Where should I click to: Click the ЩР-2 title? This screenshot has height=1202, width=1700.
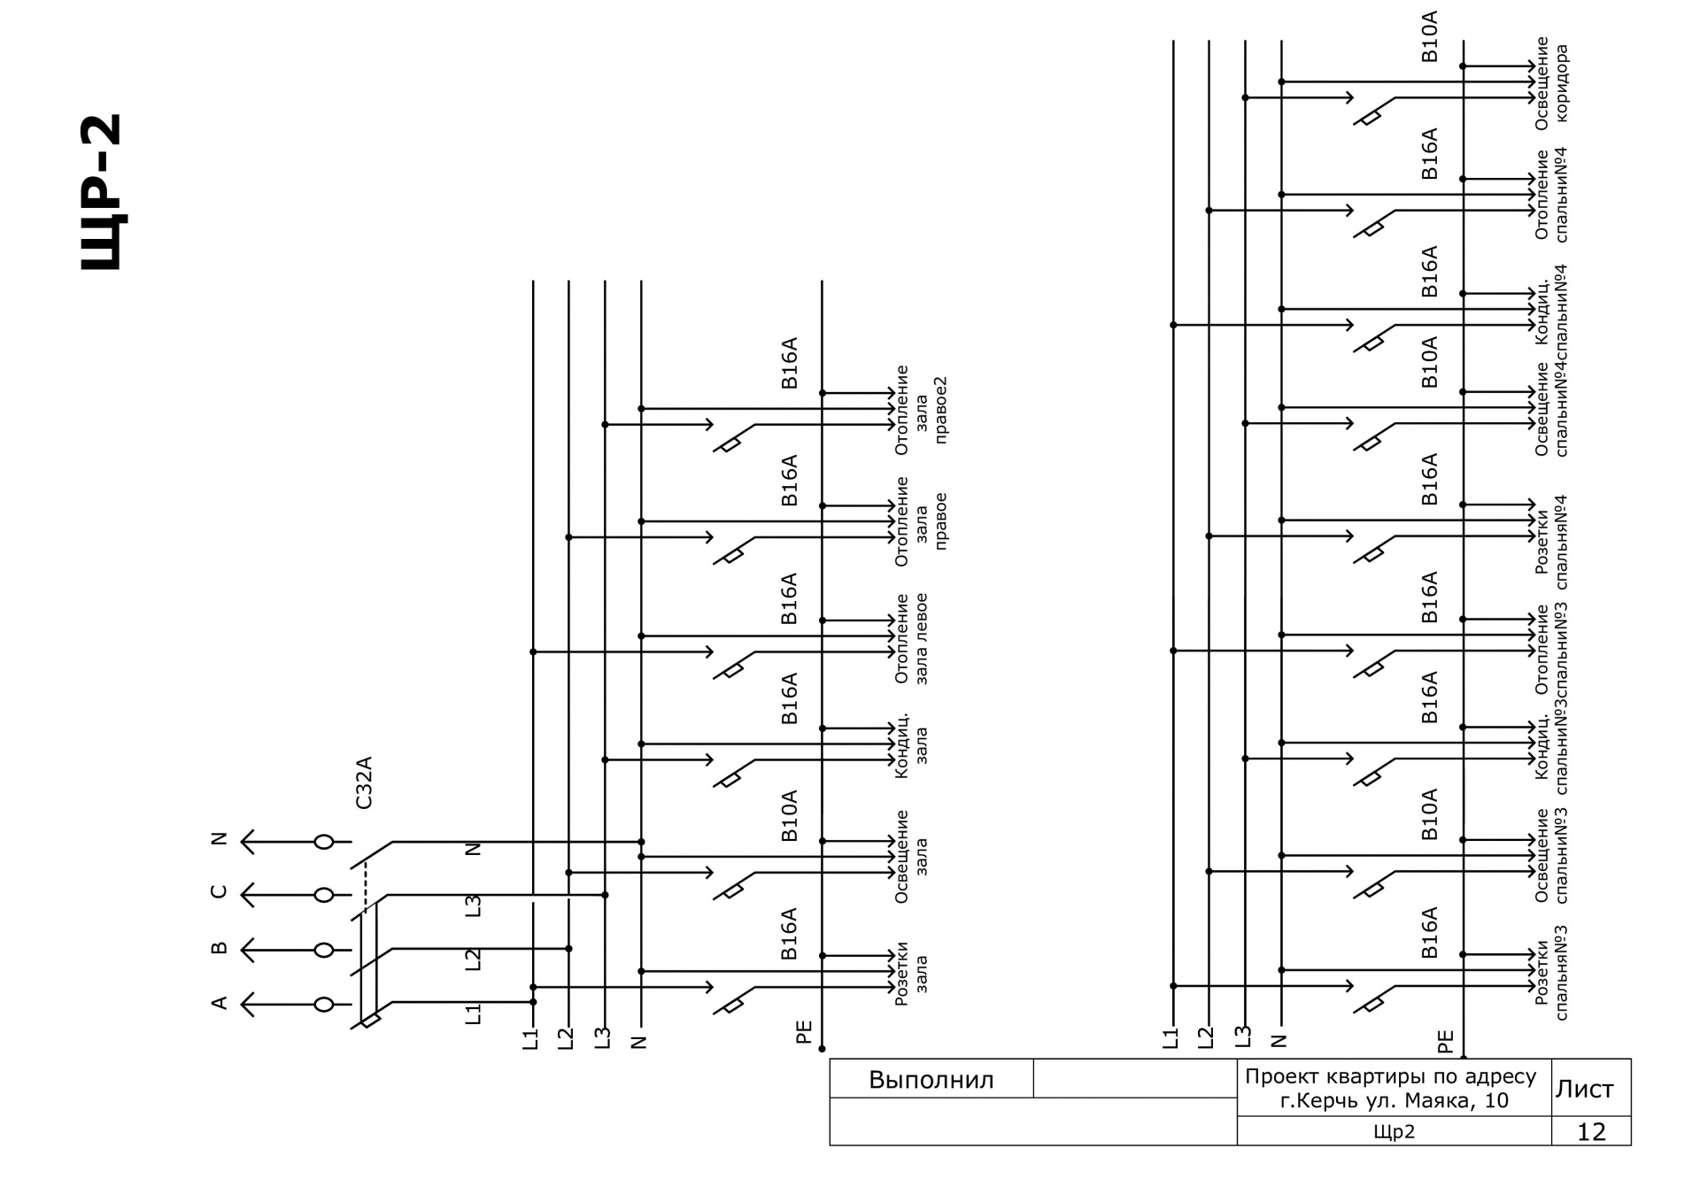100,192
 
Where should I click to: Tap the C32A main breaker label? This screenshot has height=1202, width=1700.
364,782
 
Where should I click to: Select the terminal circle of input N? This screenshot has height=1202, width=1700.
324,842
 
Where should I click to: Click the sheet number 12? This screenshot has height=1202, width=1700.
1591,1132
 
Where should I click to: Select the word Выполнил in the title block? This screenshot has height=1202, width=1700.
931,1080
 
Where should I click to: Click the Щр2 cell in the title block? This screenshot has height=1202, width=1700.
1394,1132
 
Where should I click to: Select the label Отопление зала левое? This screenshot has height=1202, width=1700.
912,638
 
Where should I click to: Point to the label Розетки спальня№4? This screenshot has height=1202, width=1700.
1551,542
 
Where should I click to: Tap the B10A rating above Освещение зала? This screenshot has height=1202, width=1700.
790,815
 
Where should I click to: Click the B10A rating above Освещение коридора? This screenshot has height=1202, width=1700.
1430,37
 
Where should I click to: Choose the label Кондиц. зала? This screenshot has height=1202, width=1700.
912,745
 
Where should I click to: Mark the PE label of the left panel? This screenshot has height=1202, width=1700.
804,1032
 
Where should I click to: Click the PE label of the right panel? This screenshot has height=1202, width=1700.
1445,1041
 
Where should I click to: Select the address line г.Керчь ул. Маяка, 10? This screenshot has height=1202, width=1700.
1395,1101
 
